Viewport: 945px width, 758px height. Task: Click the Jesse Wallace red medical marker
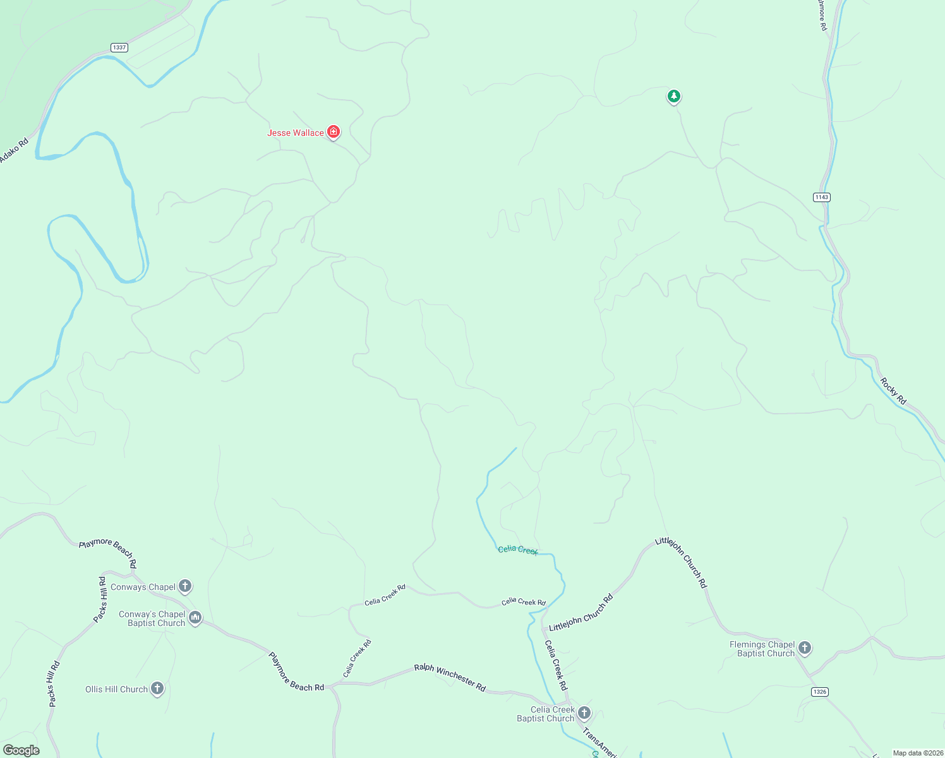[334, 132]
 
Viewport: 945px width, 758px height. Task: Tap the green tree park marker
[674, 97]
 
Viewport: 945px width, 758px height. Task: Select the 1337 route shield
[119, 47]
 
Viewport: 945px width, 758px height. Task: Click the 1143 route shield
[821, 197]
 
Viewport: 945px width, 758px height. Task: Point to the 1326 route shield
[819, 692]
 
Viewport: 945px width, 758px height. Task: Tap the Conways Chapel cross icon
[185, 586]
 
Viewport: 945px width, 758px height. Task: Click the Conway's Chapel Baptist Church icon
[195, 618]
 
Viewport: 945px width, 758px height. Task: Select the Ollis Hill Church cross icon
[157, 689]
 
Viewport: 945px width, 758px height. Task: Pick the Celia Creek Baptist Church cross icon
[584, 713]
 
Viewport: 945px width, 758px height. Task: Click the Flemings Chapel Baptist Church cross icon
[804, 647]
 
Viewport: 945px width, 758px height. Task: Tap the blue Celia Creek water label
[518, 550]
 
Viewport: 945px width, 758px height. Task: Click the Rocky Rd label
[893, 391]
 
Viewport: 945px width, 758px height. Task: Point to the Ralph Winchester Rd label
[450, 677]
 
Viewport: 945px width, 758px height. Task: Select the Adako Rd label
[14, 150]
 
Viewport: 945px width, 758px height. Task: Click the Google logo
[21, 750]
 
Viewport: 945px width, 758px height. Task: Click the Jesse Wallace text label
[295, 133]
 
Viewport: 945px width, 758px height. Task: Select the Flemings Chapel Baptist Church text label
[762, 649]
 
